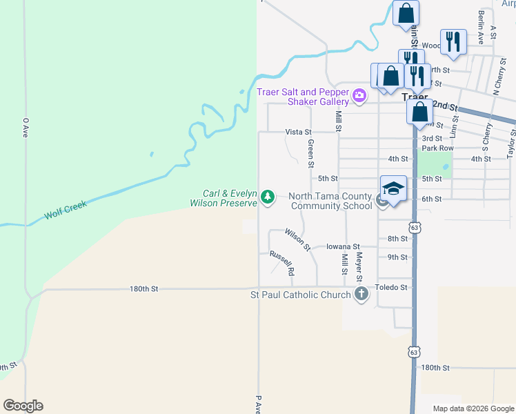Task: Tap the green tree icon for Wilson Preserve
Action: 267,198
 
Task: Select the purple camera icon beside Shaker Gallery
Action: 359,96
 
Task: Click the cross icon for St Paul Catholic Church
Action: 360,295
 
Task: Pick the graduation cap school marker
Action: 393,188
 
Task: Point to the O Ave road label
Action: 25,127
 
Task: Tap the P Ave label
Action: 258,404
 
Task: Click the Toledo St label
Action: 391,287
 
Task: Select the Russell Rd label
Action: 281,263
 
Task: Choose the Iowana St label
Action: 343,246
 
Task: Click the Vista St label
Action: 299,132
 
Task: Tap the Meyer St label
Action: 359,267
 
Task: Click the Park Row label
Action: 437,148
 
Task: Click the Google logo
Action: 23,406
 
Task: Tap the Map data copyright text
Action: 474,408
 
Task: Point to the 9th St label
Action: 397,257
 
